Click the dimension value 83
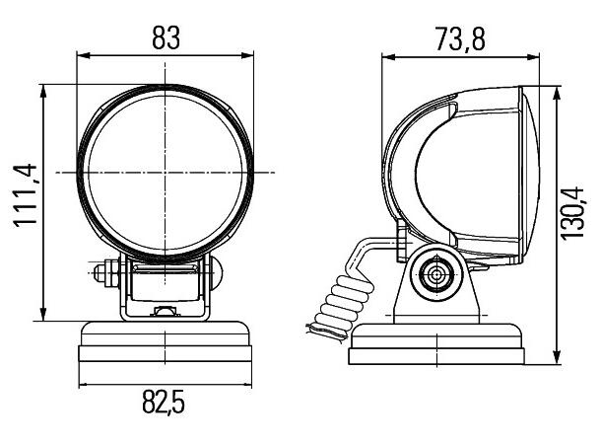[167, 37]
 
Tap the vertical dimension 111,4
[24, 198]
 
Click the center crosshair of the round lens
[167, 173]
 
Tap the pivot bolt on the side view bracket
[434, 276]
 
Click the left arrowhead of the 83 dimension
[82, 58]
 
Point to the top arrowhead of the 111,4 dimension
[43, 90]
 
